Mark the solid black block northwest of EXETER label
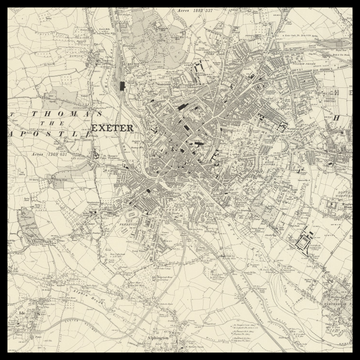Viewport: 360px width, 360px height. tap(122, 83)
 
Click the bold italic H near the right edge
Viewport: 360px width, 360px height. tap(338, 118)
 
